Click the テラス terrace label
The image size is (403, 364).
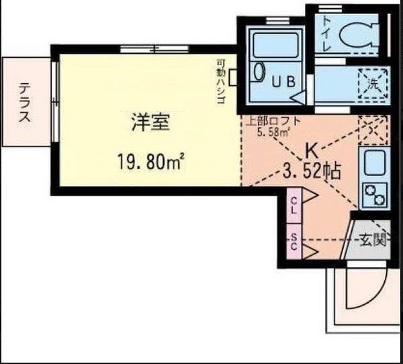pyautogui.click(x=24, y=102)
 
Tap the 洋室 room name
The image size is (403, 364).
pyautogui.click(x=151, y=123)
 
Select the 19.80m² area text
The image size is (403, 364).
pyautogui.click(x=151, y=161)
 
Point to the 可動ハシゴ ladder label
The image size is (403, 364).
pyautogui.click(x=221, y=81)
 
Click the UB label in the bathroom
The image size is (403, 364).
pyautogui.click(x=283, y=82)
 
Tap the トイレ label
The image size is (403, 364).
pyautogui.click(x=326, y=34)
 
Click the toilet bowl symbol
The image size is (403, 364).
pyautogui.click(x=359, y=34)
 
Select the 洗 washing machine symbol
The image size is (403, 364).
pyautogui.click(x=373, y=83)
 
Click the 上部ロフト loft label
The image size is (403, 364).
pyautogui.click(x=273, y=121)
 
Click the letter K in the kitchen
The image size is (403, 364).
pyautogui.click(x=312, y=152)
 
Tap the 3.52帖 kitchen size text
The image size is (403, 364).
pyautogui.click(x=312, y=171)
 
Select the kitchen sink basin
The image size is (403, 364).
pyautogui.click(x=375, y=163)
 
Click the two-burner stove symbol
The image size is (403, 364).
pyautogui.click(x=375, y=195)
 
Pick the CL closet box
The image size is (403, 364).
pyautogui.click(x=294, y=206)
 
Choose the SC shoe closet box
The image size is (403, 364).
pyautogui.click(x=294, y=242)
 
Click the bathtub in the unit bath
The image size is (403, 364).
pyautogui.click(x=275, y=46)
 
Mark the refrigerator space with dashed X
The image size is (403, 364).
pyautogui.click(x=373, y=130)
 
